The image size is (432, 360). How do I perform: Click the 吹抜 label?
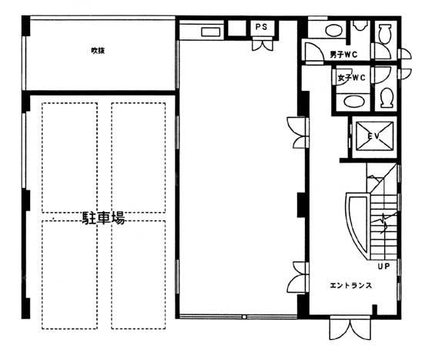click(98, 51)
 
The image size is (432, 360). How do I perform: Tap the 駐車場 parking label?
click(104, 218)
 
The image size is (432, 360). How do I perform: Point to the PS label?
click(261, 27)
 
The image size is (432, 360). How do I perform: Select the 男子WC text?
click(343, 55)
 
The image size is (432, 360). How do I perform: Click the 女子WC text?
click(352, 78)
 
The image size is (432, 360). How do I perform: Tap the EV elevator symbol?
click(374, 136)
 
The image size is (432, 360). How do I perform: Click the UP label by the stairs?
click(383, 266)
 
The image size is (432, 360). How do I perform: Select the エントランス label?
click(350, 285)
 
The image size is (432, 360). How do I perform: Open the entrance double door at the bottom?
click(350, 329)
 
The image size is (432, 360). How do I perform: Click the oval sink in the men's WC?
click(334, 30)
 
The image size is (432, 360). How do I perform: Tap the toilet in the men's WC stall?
click(385, 34)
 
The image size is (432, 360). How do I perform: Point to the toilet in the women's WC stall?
click(387, 98)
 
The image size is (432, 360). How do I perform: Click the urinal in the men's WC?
click(360, 25)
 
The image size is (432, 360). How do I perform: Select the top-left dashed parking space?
click(70, 157)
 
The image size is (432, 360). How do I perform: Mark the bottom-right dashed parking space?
click(139, 274)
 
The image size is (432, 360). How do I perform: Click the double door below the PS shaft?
click(263, 45)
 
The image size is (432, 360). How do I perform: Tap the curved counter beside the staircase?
click(357, 225)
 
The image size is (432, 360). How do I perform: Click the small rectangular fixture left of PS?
click(211, 32)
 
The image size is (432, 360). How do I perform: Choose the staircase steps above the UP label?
click(384, 226)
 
